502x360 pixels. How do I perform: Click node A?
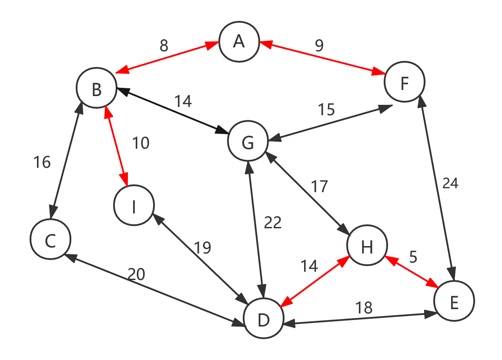239,42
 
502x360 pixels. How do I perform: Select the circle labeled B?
97,89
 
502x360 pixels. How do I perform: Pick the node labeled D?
264,320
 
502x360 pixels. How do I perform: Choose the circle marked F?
405,83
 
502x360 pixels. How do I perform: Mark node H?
367,246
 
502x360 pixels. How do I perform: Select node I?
134,207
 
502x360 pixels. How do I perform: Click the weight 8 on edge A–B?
164,46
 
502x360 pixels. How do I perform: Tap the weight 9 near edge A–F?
319,46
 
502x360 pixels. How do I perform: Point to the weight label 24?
450,183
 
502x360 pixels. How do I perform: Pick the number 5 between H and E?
413,257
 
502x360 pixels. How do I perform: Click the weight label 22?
273,223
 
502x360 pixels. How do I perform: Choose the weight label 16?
42,162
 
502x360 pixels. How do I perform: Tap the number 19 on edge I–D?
202,248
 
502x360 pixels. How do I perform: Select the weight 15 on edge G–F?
326,110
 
